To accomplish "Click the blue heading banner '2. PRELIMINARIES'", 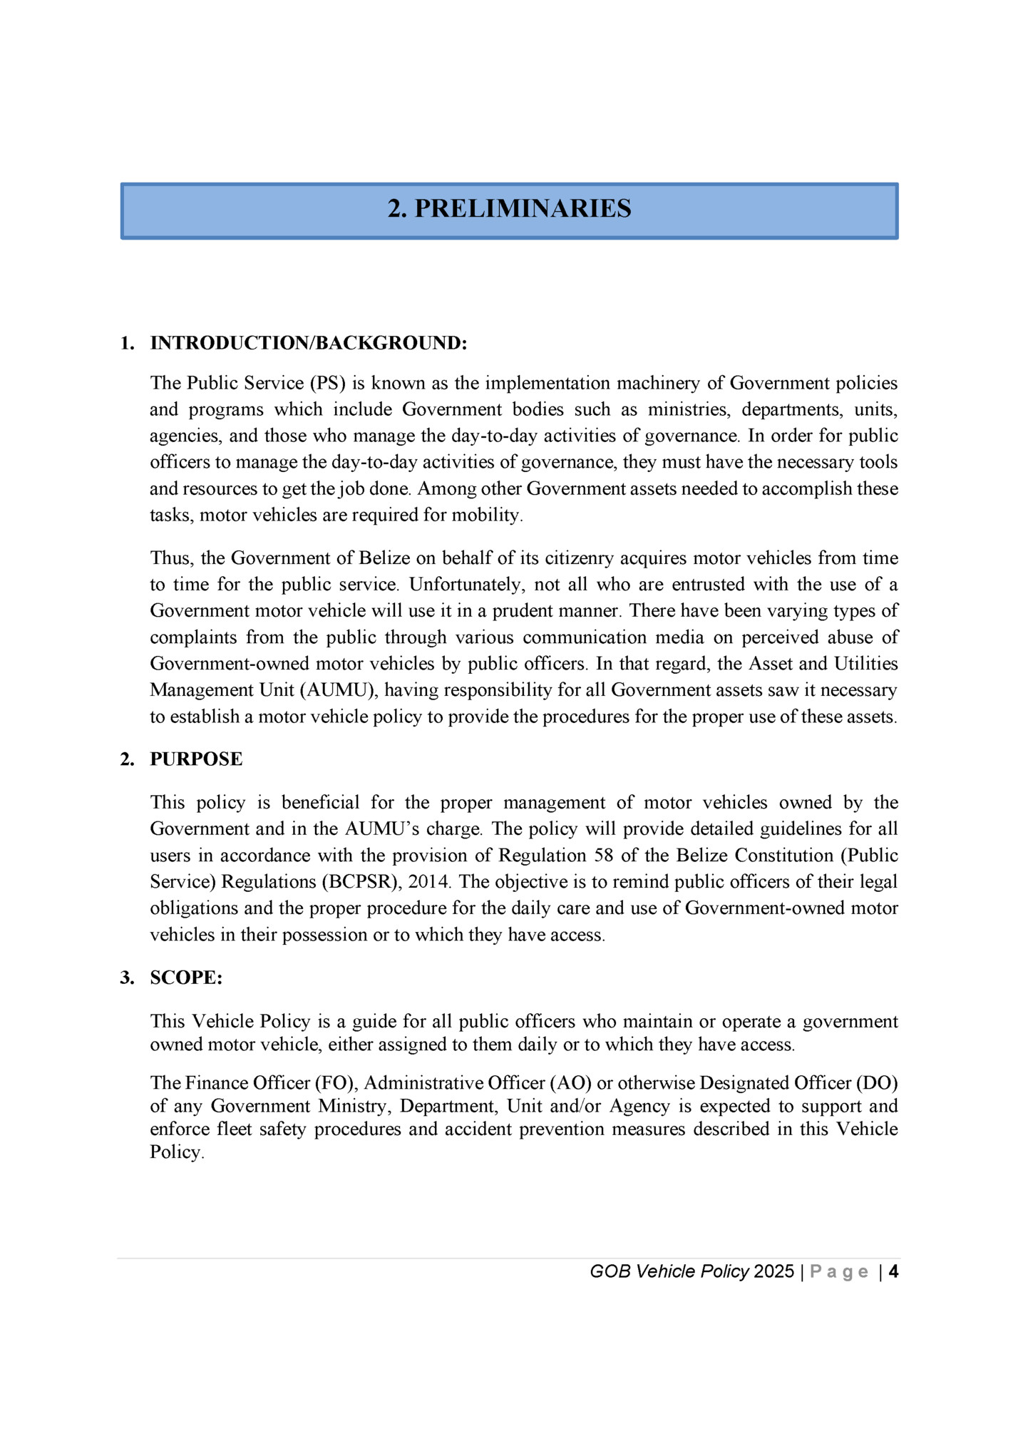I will (x=509, y=210).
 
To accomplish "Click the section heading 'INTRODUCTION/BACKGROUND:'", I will (x=308, y=343).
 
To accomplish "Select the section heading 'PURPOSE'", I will (x=196, y=759).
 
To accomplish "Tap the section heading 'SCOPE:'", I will (x=186, y=978).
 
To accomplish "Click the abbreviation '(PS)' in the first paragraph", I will (x=327, y=383).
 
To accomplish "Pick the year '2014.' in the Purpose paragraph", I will (x=429, y=881).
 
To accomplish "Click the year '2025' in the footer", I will (x=773, y=1271).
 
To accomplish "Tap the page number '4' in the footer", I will (x=893, y=1271).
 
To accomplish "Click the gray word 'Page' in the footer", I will (x=839, y=1271).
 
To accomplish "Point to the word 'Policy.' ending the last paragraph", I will (x=177, y=1152).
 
